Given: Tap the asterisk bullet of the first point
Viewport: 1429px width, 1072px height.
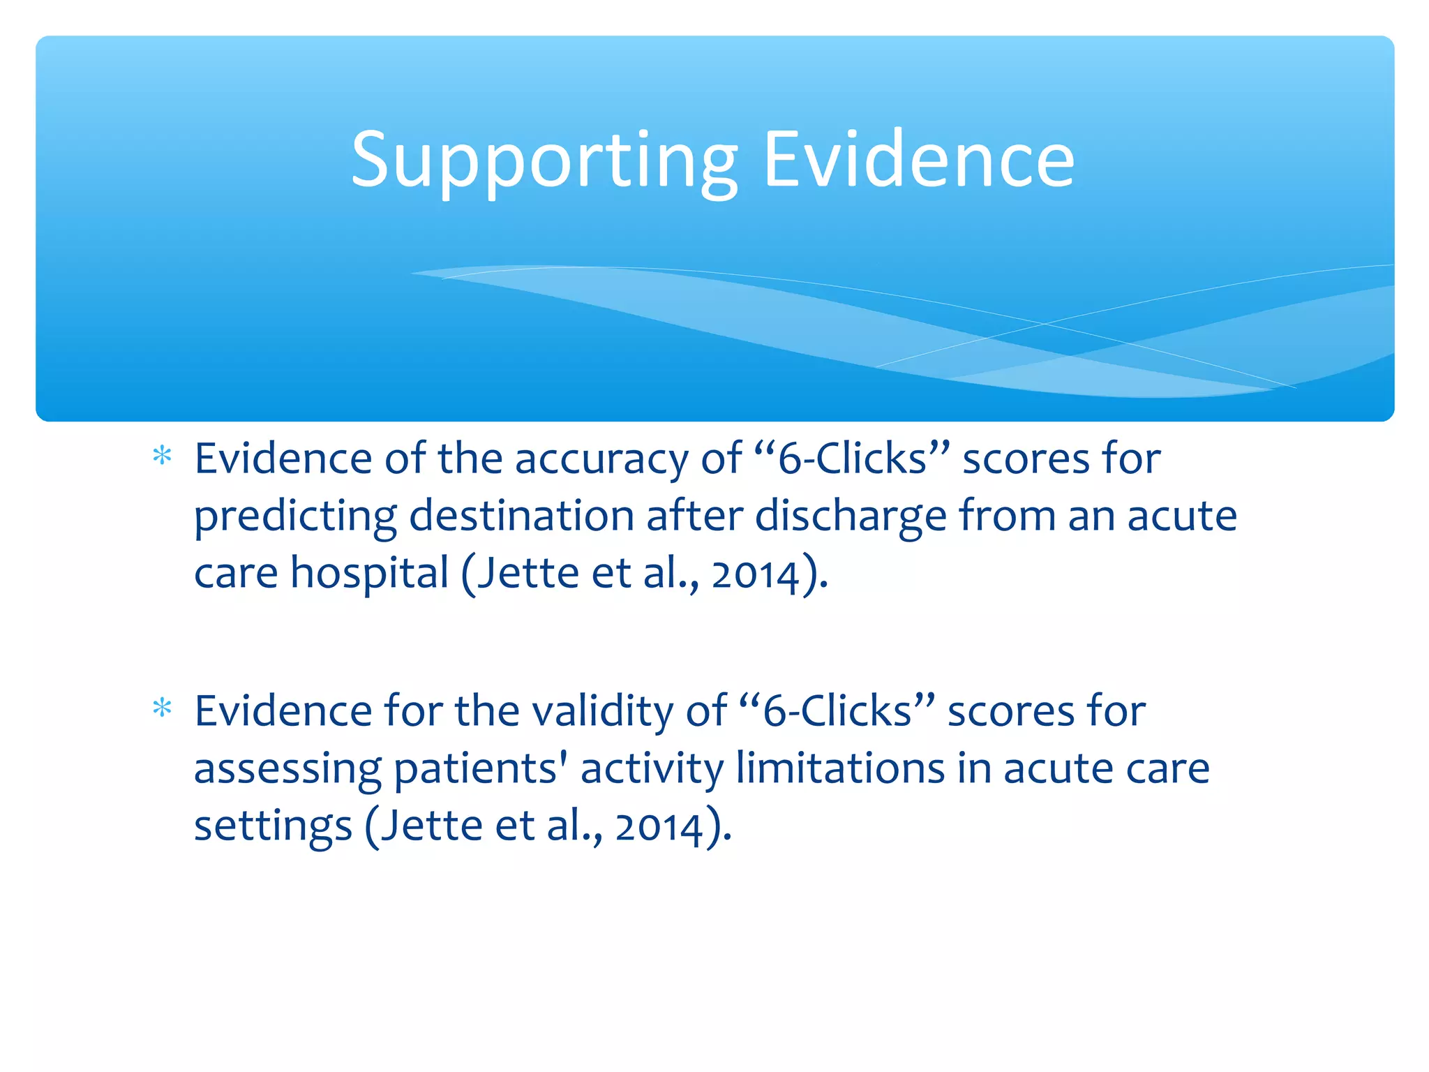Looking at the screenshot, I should (162, 457).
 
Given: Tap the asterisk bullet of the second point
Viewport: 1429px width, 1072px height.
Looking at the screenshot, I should (162, 709).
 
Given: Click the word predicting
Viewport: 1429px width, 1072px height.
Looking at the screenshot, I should (294, 518).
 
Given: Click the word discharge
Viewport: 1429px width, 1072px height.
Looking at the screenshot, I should (851, 518).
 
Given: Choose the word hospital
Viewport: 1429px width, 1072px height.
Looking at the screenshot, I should (369, 574).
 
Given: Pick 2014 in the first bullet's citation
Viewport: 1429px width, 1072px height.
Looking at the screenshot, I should (755, 574).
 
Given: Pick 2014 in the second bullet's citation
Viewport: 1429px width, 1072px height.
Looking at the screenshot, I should (659, 827).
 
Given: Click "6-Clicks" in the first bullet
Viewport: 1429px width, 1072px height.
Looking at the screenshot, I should (852, 459).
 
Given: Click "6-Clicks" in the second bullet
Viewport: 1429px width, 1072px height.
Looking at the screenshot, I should (837, 712).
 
